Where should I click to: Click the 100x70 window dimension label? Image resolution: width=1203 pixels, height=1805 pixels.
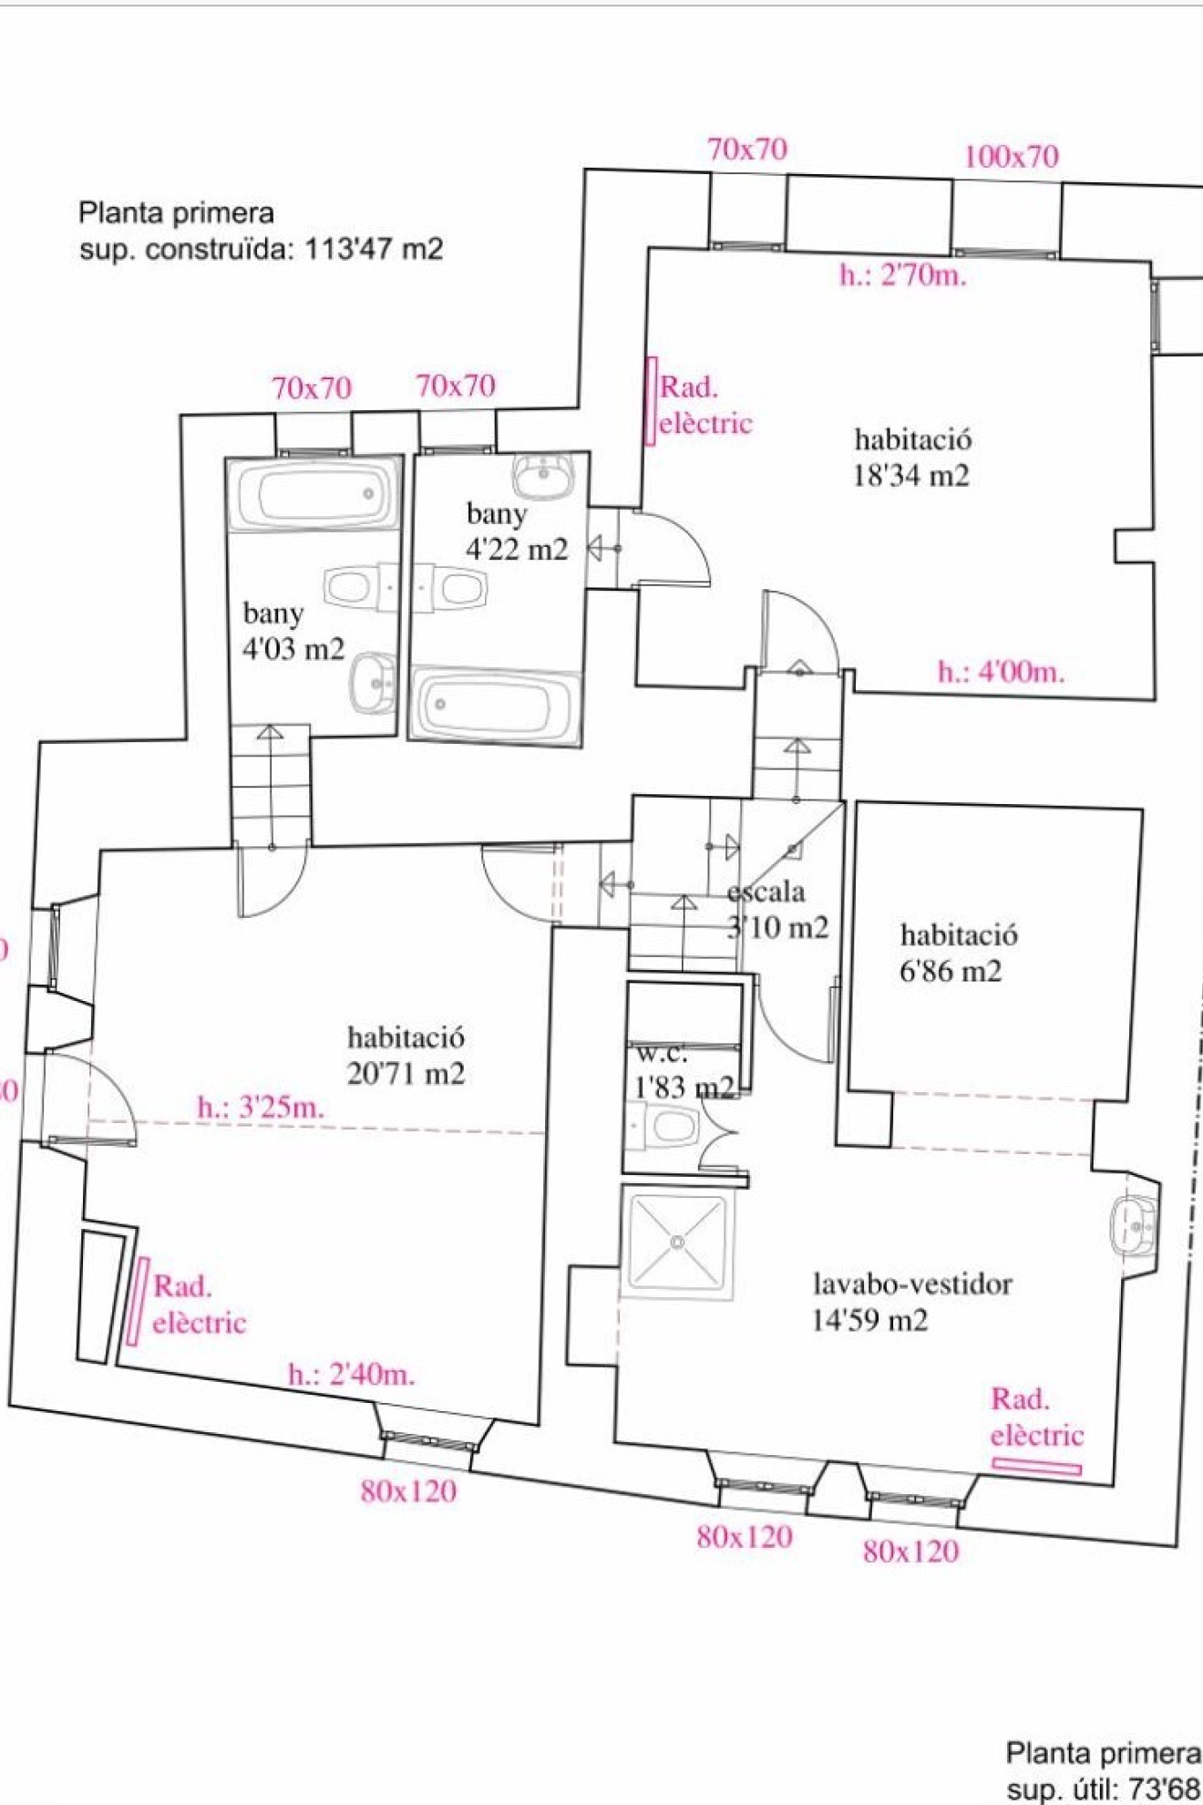(x=1011, y=157)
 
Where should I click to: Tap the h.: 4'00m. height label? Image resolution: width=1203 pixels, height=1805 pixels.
(x=1001, y=672)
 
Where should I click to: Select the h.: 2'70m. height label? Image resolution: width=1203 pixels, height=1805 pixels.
(x=902, y=274)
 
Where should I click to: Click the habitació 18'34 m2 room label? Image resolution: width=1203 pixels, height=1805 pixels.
(x=911, y=458)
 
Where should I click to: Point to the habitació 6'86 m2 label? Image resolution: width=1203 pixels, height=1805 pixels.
(x=957, y=953)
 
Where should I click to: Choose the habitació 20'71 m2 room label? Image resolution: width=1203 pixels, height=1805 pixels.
(x=406, y=1055)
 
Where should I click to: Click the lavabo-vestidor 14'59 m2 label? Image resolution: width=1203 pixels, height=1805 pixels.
(x=911, y=1302)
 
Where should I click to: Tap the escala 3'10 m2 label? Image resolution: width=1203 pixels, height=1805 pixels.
(x=777, y=910)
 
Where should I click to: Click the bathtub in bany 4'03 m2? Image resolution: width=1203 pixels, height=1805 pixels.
(x=314, y=493)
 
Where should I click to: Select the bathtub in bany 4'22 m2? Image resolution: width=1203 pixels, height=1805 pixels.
(x=495, y=706)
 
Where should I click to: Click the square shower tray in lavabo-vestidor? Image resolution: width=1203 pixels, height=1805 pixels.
(x=677, y=1242)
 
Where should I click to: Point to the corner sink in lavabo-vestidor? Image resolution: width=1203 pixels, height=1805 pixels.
(x=1133, y=1225)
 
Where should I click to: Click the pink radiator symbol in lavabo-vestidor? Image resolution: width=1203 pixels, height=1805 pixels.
(x=1036, y=1467)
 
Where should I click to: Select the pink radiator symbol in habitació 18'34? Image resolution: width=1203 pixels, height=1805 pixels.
(x=651, y=401)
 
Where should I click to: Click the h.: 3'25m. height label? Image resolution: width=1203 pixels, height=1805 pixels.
(x=261, y=1109)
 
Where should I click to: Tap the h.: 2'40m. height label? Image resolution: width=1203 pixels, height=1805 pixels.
(x=352, y=1374)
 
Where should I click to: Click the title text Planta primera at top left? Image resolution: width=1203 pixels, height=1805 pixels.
(x=176, y=213)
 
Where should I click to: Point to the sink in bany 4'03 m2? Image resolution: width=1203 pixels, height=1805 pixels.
(x=374, y=683)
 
